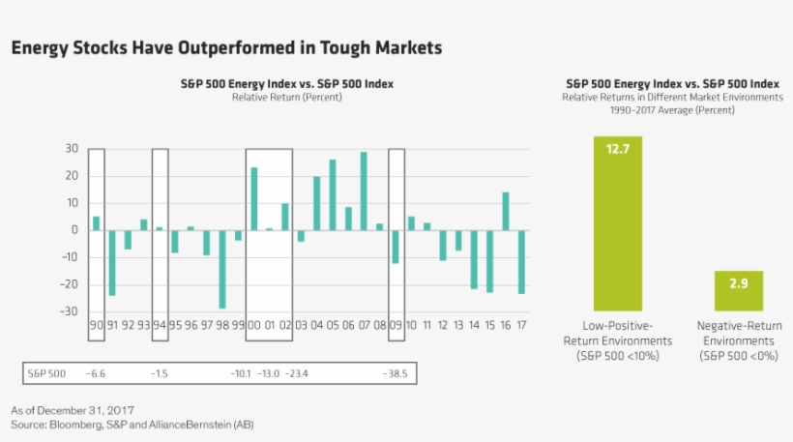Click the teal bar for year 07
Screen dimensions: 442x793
364,191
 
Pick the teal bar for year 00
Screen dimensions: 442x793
253,198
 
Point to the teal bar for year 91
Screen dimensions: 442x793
112,262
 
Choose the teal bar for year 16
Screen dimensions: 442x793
505,211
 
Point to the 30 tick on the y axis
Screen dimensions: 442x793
72,149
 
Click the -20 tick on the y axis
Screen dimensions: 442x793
69,284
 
